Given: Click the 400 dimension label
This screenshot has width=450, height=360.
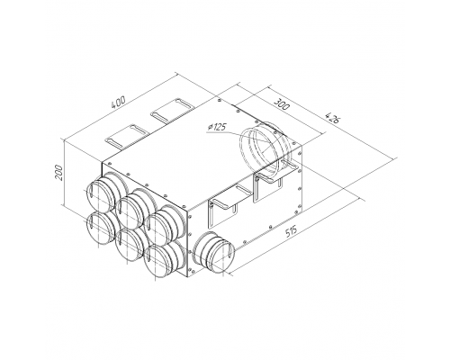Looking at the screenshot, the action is [x=118, y=103].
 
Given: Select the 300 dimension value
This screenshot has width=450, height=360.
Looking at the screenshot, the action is [x=282, y=103].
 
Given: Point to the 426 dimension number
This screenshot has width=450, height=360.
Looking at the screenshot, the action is [x=332, y=118].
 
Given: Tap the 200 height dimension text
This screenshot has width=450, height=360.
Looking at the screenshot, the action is [x=59, y=172].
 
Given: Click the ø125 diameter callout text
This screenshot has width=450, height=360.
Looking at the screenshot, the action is [x=217, y=127].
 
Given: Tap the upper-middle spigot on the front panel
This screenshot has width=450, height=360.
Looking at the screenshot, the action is [x=132, y=208].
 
